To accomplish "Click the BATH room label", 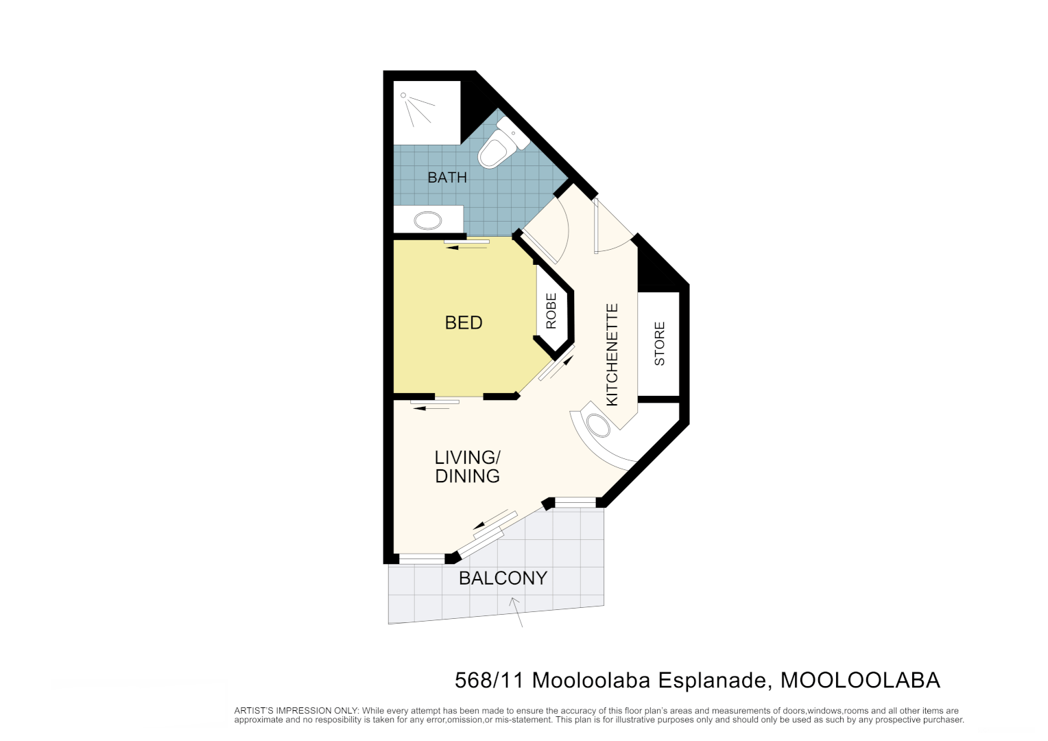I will pyautogui.click(x=446, y=178).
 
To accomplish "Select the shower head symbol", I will pyautogui.click(x=404, y=96).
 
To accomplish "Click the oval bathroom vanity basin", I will pyautogui.click(x=428, y=221).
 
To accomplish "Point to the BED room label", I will pyautogui.click(x=464, y=322).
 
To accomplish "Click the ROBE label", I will pyautogui.click(x=551, y=311).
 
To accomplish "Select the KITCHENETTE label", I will pyautogui.click(x=612, y=355).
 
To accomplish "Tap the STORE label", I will pyautogui.click(x=660, y=344).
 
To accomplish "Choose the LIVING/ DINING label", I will pyautogui.click(x=468, y=467).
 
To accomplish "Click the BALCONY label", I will pyautogui.click(x=503, y=578).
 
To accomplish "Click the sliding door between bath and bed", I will pyautogui.click(x=466, y=243).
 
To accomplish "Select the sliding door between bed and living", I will pyautogui.click(x=435, y=404).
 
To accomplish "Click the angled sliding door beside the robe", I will pyautogui.click(x=556, y=364).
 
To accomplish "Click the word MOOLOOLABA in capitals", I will pyautogui.click(x=860, y=680).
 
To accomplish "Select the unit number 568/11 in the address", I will pyautogui.click(x=489, y=680).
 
